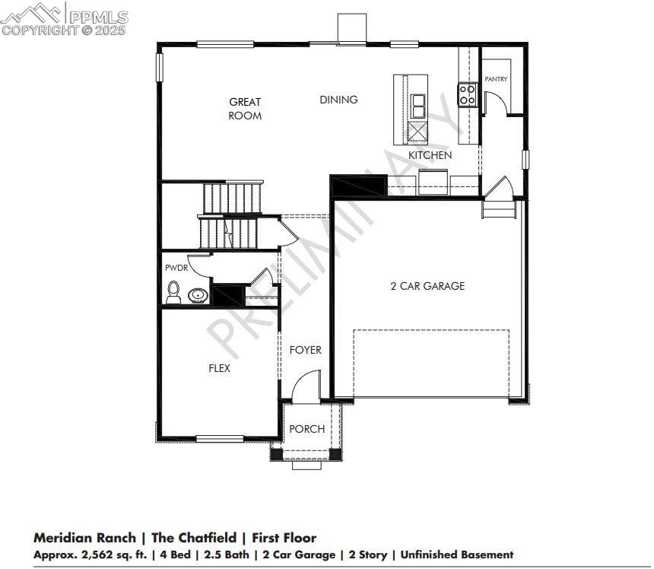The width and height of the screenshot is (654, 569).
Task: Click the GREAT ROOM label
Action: [245, 109]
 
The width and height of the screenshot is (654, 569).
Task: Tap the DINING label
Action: [338, 100]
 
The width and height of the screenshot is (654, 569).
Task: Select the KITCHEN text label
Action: [430, 155]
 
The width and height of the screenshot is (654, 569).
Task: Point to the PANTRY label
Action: [496, 79]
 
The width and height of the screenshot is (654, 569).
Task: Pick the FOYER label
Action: [305, 350]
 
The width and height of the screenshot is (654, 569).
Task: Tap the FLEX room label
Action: [219, 368]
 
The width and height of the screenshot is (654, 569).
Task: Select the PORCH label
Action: [306, 429]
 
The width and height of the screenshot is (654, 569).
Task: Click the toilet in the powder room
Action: [174, 293]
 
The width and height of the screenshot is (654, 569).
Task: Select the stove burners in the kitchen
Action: [466, 95]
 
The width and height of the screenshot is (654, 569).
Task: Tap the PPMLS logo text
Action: [98, 15]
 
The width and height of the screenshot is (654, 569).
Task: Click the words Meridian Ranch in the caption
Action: [84, 539]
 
